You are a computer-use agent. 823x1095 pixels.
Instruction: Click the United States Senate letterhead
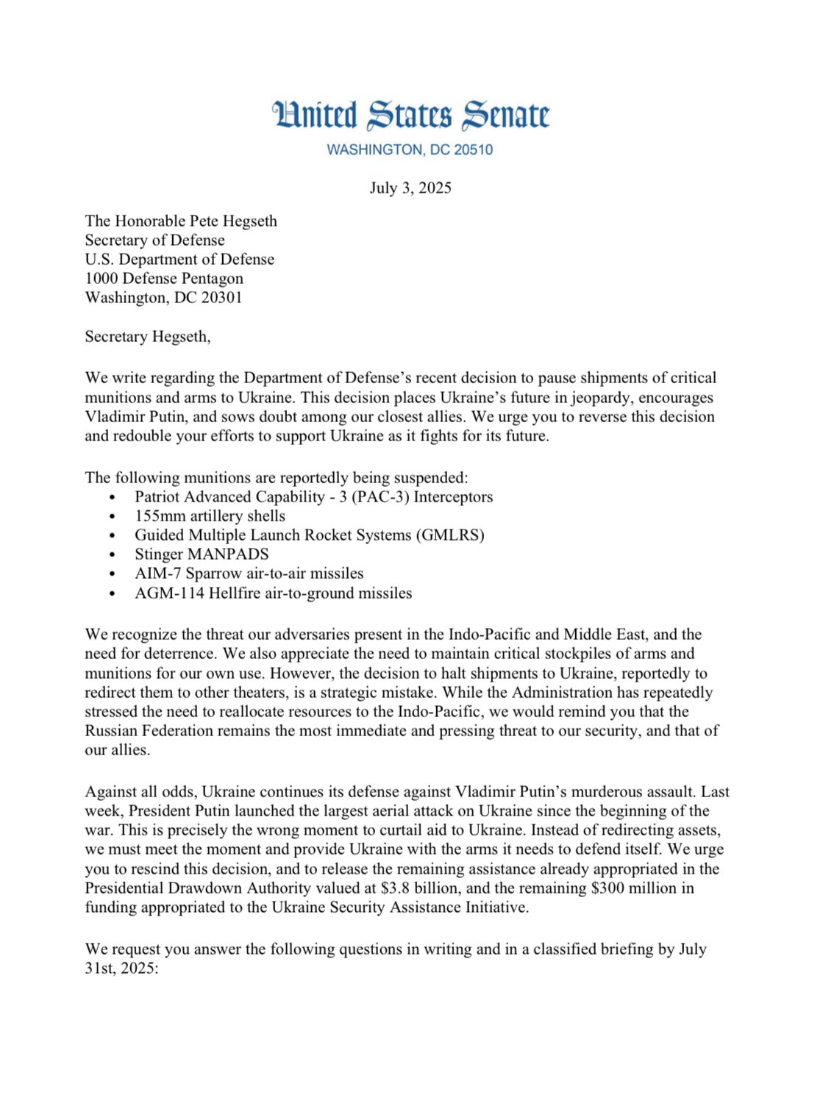(410, 116)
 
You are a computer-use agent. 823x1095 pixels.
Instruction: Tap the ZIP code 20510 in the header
(473, 150)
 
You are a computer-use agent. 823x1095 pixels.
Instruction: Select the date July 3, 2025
(410, 188)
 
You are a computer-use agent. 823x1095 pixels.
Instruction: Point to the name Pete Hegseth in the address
(233, 221)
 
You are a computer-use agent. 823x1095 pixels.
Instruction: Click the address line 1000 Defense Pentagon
(164, 279)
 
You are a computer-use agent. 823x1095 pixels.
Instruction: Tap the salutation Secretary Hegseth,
(147, 337)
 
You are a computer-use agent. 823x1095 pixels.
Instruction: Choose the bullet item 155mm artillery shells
(210, 516)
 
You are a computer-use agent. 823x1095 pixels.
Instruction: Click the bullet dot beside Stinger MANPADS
(112, 555)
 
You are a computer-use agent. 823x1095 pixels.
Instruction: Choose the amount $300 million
(633, 888)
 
